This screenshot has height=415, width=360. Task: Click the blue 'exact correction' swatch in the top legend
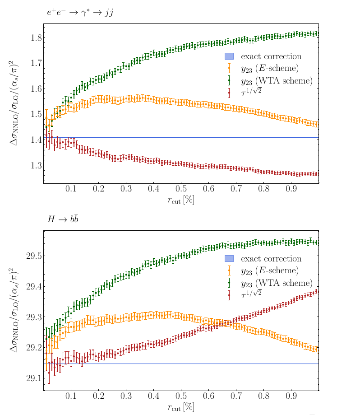tap(230, 57)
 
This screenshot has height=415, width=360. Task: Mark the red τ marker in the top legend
tap(230, 93)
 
